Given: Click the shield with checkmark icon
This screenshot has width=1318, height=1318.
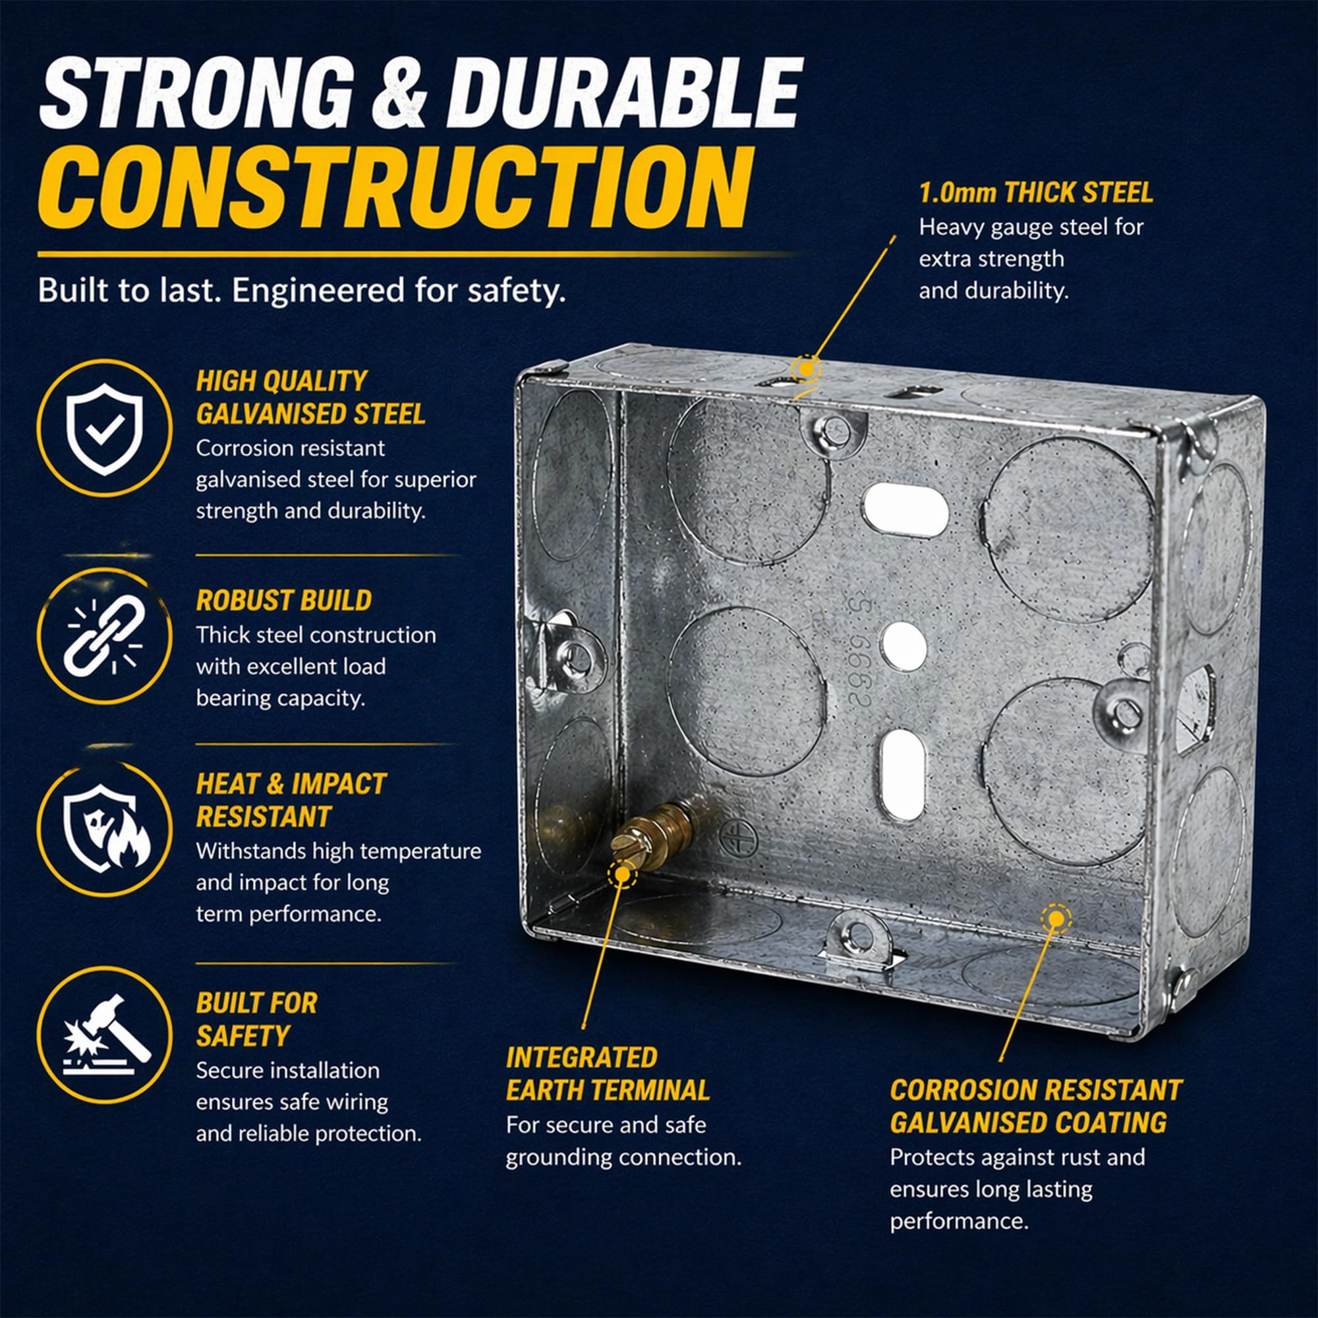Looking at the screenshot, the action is [x=103, y=428].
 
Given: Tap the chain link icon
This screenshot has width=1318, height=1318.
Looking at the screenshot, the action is [x=103, y=635].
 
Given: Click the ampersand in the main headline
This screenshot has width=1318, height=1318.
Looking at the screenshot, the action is [x=399, y=94].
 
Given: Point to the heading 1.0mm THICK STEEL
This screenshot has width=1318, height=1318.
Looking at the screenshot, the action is [x=1035, y=193].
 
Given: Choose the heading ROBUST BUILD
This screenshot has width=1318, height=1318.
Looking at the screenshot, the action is [x=284, y=600].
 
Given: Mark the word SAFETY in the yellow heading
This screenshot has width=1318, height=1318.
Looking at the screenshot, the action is [x=243, y=1036].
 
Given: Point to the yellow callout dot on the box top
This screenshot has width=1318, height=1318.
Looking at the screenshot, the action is [x=806, y=369].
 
